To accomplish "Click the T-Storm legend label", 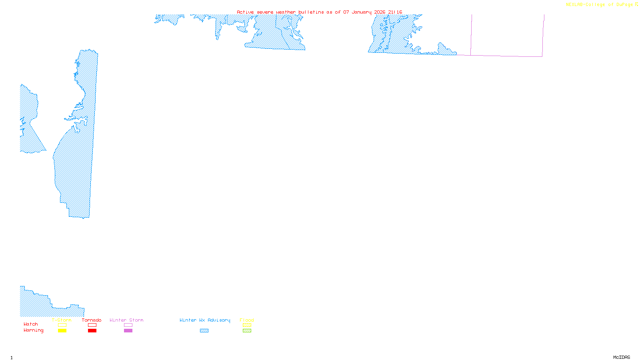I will [62, 320].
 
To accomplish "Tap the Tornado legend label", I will [92, 320].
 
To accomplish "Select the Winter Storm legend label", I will [126, 320].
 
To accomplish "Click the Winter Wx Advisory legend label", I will [205, 320].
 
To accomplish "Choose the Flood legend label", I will [247, 320].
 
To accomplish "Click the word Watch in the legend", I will [31, 324].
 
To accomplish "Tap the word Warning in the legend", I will [34, 330].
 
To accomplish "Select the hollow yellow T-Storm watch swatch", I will [62, 325].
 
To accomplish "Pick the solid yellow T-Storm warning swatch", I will [62, 331].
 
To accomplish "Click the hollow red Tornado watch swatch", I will [92, 325].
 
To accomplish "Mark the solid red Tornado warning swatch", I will [92, 331].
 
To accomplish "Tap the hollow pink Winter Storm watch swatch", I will [128, 325].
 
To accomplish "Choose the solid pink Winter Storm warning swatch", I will [128, 331].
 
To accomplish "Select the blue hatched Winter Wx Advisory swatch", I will [204, 331].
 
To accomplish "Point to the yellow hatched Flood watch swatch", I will [247, 325].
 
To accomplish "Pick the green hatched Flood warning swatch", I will [247, 331].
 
